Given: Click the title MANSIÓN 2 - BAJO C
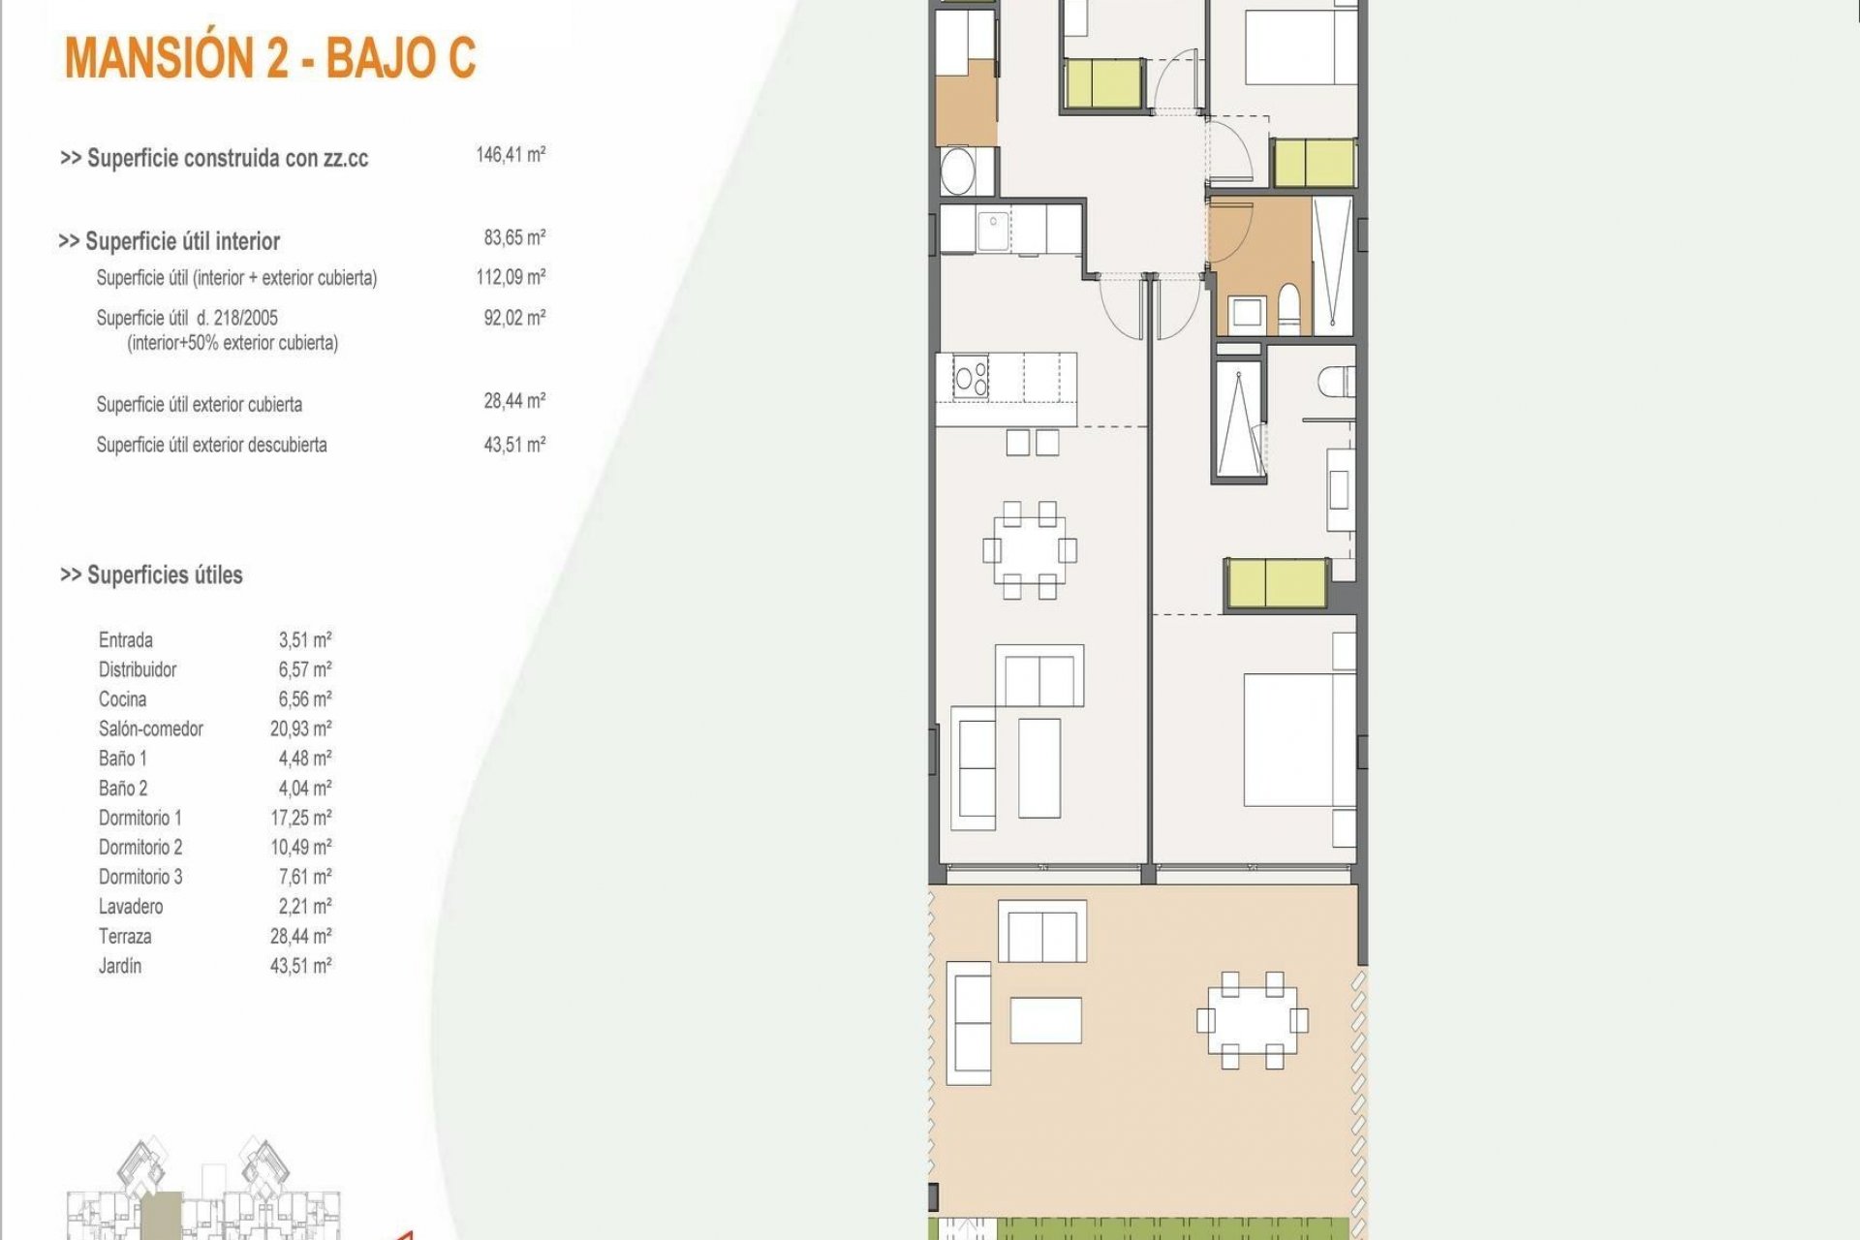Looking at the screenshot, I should point(270,58).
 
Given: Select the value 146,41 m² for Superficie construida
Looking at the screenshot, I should point(511,155).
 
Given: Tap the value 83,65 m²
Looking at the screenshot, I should point(514,237).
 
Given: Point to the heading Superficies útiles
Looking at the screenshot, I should point(152,574).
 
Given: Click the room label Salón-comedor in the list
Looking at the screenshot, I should point(151,728).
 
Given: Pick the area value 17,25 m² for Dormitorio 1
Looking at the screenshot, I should point(300,818).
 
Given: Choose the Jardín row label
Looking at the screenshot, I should point(120,966).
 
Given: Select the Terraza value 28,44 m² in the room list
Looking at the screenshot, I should point(300,936).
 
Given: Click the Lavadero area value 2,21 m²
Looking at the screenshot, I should point(304,907).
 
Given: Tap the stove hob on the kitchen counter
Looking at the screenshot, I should point(971,377).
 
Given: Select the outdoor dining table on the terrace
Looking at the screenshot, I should point(1252,1020).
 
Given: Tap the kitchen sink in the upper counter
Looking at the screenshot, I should point(993,231).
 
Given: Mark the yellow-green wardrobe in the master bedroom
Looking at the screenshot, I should point(1276,584).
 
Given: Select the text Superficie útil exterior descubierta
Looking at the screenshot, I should point(211,445).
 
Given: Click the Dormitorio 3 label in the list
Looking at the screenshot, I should point(140,877).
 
